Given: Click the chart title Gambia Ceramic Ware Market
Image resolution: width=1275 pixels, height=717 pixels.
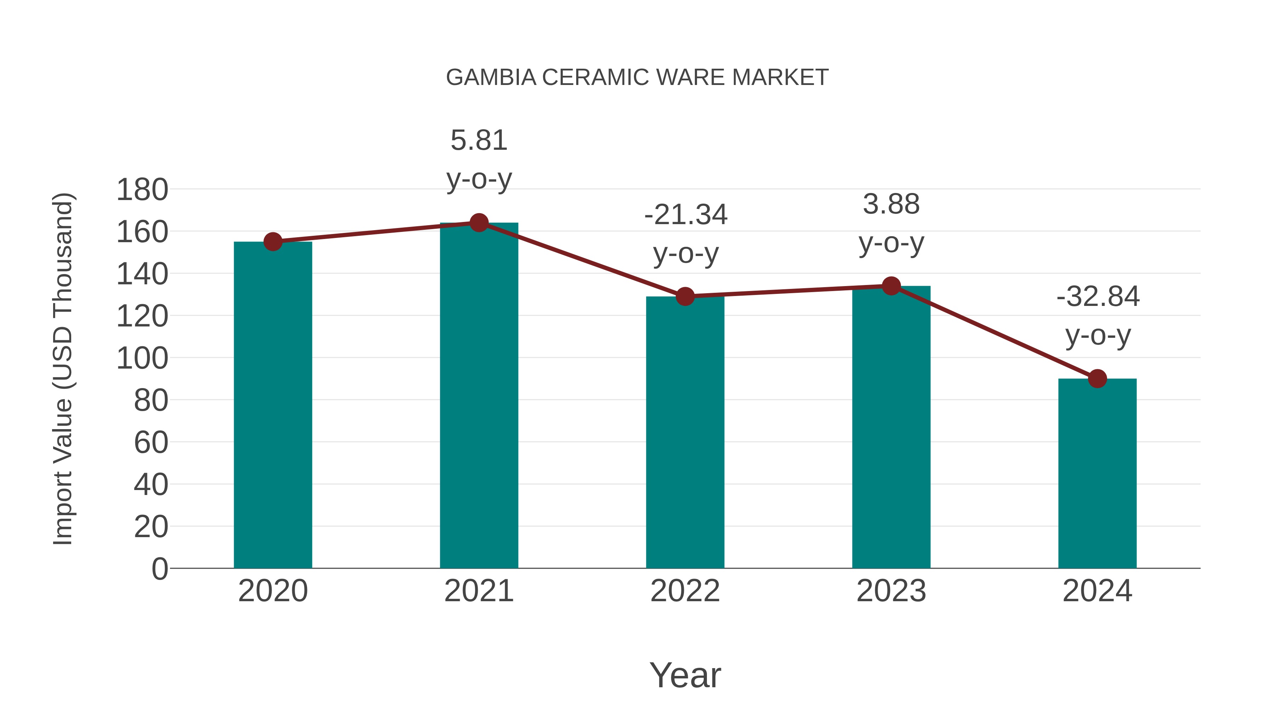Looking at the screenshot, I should [637, 78].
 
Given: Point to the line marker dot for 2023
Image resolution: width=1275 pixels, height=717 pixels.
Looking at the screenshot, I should [891, 286].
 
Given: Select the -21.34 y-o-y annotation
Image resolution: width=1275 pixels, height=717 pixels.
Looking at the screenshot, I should [686, 234].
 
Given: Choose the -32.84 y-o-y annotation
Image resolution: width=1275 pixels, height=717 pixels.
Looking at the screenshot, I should [1098, 316].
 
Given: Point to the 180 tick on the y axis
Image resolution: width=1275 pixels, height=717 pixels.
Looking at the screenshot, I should [142, 190].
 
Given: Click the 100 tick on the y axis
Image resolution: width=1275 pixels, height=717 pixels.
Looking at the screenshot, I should [142, 358].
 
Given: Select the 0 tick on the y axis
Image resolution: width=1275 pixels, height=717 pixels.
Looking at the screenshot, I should [159, 569].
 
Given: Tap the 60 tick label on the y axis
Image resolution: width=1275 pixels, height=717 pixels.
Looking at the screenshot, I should [151, 442].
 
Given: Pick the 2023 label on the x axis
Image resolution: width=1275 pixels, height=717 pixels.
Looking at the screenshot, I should [891, 591].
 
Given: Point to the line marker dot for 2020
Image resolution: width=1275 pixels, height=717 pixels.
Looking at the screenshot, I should [273, 242].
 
